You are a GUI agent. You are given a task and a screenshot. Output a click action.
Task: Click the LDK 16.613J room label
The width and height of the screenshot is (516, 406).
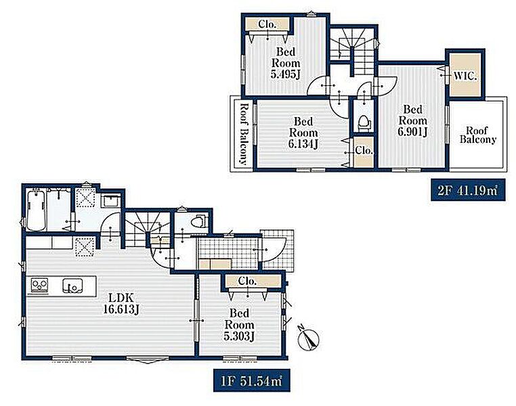tap(121, 303)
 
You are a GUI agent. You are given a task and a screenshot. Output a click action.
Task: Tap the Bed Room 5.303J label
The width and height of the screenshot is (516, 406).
tap(239, 324)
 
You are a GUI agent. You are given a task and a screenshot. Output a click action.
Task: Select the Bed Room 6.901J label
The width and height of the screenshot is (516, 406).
tap(412, 120)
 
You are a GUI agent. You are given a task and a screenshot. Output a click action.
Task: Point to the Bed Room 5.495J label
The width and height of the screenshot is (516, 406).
tap(285, 63)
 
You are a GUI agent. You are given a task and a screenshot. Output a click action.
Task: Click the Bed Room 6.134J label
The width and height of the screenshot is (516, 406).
tap(303, 133)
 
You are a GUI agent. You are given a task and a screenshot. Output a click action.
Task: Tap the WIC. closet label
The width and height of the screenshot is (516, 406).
tap(465, 76)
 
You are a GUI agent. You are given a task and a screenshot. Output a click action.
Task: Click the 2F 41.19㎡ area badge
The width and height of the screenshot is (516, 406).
tap(468, 190)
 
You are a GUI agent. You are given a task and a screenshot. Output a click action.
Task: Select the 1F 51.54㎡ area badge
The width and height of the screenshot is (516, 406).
tap(252, 381)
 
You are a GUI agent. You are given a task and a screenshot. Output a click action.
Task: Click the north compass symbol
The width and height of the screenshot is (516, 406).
tap(308, 338)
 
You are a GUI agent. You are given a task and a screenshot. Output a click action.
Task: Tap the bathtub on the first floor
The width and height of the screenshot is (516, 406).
tap(36, 210)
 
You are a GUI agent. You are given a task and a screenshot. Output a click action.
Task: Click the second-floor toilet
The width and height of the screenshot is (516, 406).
tap(364, 122)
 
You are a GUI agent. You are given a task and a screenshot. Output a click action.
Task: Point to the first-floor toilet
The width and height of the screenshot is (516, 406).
tap(199, 221)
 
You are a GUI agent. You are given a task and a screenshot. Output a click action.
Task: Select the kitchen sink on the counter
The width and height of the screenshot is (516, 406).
tap(72, 286)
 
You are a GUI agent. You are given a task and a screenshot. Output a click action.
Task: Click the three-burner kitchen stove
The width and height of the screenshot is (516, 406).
tap(40, 284)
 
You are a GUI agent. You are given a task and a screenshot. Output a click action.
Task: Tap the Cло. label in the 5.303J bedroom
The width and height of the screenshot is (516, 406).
tap(247, 281)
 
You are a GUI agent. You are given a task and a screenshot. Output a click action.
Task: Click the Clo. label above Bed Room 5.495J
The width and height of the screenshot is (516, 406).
tap(267, 24)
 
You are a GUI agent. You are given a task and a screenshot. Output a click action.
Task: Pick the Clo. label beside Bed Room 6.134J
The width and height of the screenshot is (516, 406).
tap(364, 151)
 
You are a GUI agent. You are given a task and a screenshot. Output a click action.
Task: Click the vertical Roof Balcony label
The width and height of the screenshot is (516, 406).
tap(243, 134)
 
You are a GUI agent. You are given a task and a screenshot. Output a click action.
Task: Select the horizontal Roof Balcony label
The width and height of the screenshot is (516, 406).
tap(477, 135)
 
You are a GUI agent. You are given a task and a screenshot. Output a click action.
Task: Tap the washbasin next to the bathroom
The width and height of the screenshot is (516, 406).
tap(111, 200)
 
